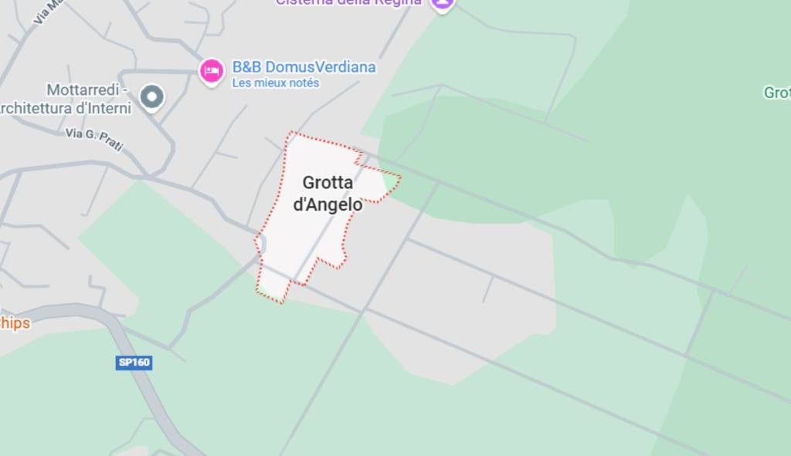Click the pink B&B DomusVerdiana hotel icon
tap(211, 71)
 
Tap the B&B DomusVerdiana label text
tap(304, 67)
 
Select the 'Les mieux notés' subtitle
tap(276, 83)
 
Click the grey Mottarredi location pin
tap(152, 96)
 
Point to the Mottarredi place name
tap(86, 90)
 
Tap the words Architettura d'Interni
tap(66, 107)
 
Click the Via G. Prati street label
tap(94, 139)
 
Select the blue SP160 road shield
tap(134, 363)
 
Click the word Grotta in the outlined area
tap(328, 183)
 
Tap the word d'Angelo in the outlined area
tap(328, 204)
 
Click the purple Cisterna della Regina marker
tap(442, 3)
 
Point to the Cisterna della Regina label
tap(349, 2)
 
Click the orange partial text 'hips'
tap(15, 323)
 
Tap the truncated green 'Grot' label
tap(776, 93)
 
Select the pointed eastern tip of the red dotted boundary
tap(400, 177)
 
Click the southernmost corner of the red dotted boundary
tap(281, 302)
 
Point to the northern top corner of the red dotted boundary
tap(291, 132)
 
